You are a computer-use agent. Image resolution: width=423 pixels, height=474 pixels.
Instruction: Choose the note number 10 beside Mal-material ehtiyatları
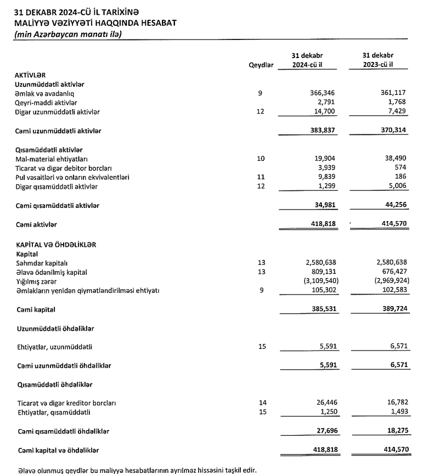(x=261, y=159)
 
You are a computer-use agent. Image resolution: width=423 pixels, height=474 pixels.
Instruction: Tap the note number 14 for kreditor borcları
(x=261, y=403)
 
